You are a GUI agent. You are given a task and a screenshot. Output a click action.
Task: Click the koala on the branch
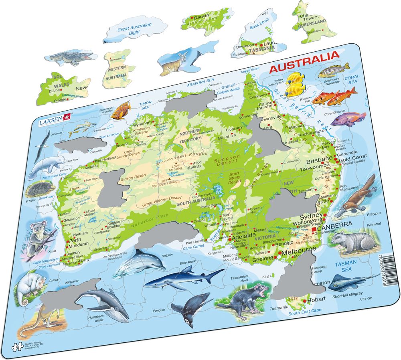pyautogui.click(x=40, y=235)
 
